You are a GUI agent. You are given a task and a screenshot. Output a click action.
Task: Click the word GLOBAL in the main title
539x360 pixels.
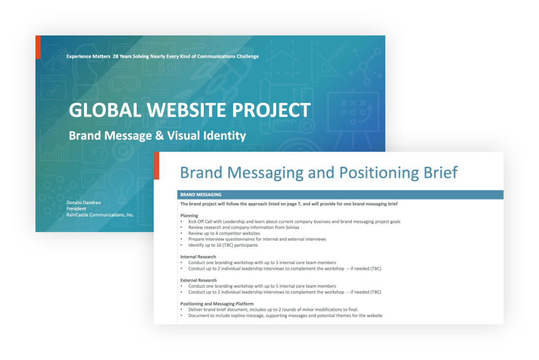coord(105,110)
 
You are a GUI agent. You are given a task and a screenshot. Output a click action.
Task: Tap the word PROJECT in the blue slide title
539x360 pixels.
coord(271,110)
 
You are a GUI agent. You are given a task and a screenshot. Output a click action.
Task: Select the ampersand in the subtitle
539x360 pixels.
coord(159,136)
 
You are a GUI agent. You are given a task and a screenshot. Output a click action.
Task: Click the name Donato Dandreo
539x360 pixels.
coord(84,203)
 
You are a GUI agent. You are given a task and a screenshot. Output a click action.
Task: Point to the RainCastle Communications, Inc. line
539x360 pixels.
coord(100,214)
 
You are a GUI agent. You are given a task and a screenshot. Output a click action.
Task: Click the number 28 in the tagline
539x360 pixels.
coord(115,56)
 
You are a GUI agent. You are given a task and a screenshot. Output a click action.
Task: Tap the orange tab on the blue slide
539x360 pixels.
coord(38,47)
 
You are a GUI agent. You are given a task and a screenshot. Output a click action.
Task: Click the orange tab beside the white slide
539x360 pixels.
coord(156,165)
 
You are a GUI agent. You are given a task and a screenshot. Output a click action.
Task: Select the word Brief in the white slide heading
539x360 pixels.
coord(440,172)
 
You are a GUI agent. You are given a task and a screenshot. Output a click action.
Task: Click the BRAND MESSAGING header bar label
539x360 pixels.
coord(201,195)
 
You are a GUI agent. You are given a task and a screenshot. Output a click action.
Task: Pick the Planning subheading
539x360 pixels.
coord(189,216)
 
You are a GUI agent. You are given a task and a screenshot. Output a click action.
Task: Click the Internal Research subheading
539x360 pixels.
coord(198,257)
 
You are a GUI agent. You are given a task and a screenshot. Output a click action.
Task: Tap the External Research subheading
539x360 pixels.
coord(199,280)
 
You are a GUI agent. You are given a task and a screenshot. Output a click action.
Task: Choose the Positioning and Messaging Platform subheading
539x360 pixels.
coord(217,304)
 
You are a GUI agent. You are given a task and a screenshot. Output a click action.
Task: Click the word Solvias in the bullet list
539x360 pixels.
coord(291,227)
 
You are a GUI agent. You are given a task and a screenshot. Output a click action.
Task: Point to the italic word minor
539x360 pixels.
coord(308,309)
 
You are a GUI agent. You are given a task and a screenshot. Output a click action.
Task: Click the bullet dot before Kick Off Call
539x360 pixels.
coord(182,222)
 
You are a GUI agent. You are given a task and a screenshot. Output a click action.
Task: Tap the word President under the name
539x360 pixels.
coord(76,209)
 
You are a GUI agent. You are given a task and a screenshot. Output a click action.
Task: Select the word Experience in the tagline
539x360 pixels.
coord(78,56)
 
